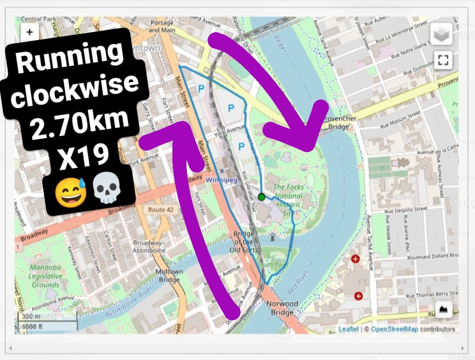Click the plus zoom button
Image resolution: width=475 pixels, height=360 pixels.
29,32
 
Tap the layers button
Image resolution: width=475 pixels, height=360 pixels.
441,34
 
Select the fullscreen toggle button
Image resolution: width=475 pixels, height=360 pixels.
441,59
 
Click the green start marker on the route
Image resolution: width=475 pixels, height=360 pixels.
262,197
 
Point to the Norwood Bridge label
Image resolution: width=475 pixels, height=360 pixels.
282,308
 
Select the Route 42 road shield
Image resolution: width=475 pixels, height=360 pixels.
161,209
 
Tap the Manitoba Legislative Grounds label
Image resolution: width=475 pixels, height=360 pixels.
45,276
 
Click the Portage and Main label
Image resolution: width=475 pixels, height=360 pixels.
162,26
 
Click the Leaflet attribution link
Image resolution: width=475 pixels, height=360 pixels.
348,329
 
